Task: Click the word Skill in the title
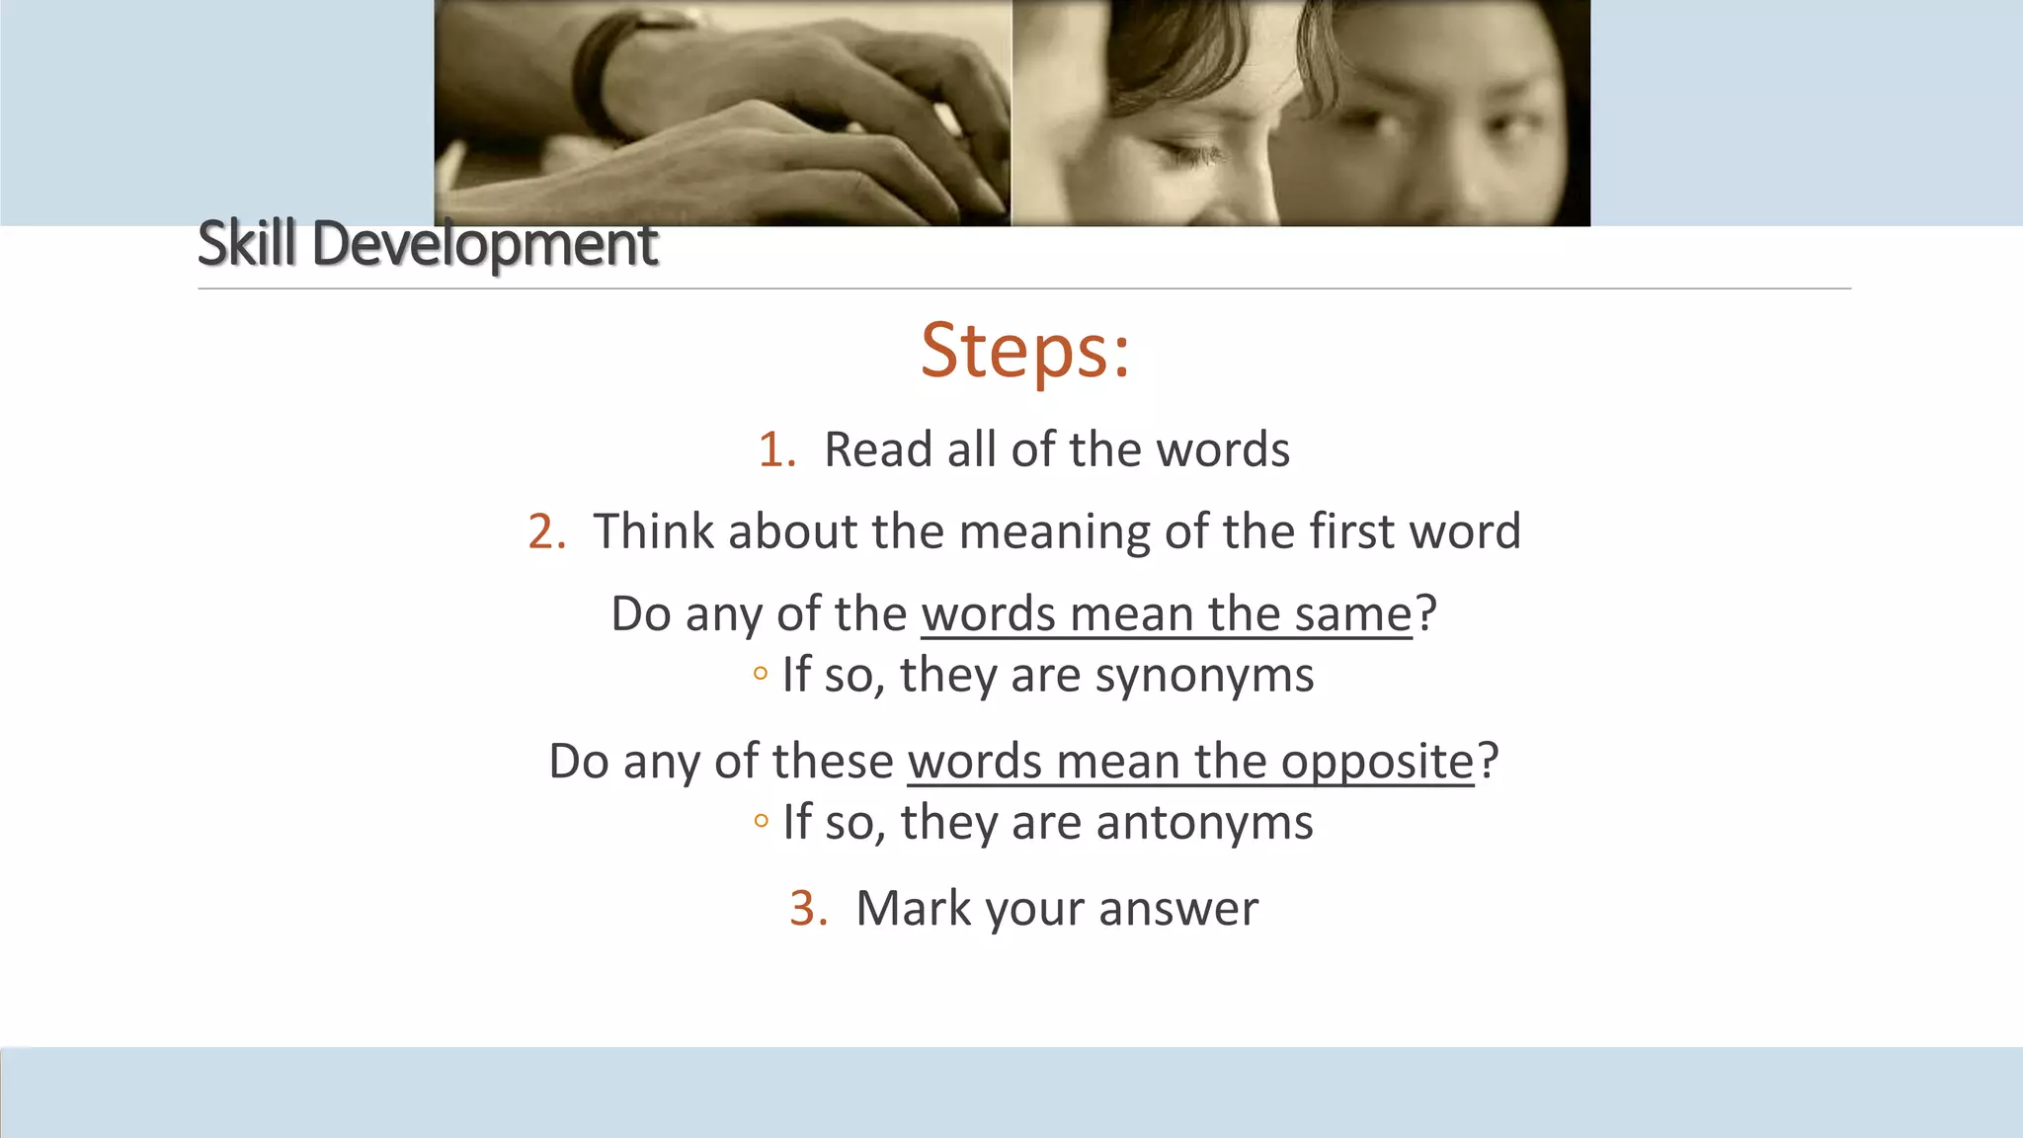(246, 243)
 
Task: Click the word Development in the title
(484, 245)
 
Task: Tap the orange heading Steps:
(1024, 350)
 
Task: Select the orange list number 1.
(775, 450)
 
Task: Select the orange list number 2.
(545, 532)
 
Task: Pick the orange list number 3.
(807, 909)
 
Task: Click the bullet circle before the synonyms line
(760, 675)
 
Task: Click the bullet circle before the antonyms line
(760, 821)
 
